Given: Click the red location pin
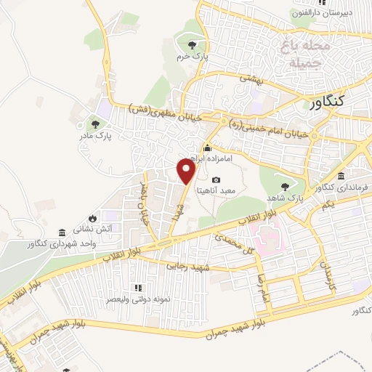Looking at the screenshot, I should [187, 171].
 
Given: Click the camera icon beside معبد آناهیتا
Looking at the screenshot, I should [216, 179].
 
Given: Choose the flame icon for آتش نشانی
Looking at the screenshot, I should [93, 217].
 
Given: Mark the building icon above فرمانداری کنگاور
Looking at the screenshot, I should [341, 177].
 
